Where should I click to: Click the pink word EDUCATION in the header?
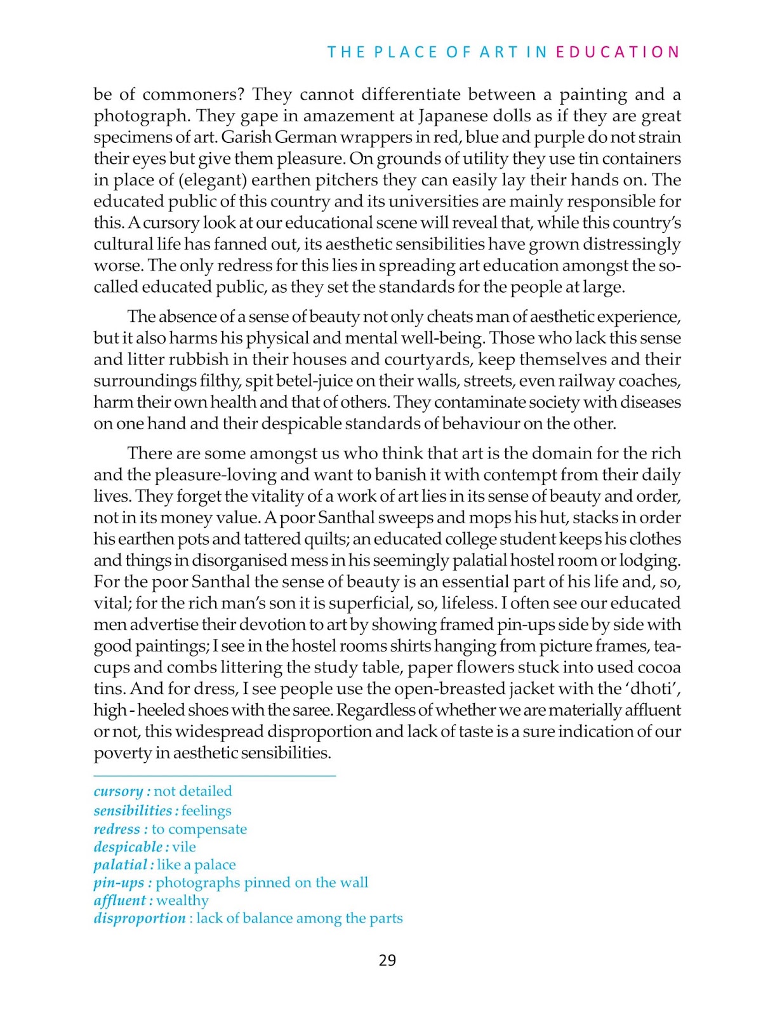618,52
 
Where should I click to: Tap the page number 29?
387,960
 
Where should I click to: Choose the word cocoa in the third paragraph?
657,667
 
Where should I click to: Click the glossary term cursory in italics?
118,791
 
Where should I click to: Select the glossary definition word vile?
184,847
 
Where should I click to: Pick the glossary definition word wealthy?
183,900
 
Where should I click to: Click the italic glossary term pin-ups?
119,883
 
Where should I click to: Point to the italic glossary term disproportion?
140,918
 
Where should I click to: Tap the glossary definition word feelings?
206,811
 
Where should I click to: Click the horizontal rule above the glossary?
215,775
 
